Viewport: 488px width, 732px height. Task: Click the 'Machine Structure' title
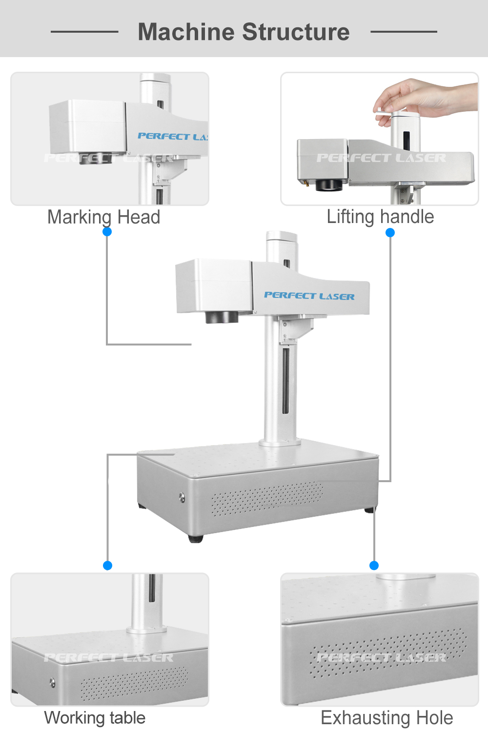click(x=244, y=32)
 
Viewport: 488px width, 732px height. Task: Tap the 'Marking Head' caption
click(x=103, y=217)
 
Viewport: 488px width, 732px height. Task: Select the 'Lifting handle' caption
click(x=380, y=217)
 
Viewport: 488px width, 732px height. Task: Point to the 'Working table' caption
click(x=95, y=718)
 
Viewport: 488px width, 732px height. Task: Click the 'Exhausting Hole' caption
click(x=386, y=718)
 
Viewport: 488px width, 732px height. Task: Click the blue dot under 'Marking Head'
click(x=107, y=232)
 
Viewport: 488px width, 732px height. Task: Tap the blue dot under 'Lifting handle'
click(x=390, y=233)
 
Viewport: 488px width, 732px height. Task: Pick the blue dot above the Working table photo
click(x=108, y=566)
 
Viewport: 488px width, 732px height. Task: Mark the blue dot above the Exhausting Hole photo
click(x=374, y=566)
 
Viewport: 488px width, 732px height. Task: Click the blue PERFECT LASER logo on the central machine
click(x=309, y=296)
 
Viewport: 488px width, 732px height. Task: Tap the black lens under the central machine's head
click(x=222, y=317)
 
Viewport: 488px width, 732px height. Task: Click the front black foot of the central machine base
click(x=196, y=539)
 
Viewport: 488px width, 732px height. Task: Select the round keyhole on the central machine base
click(x=182, y=498)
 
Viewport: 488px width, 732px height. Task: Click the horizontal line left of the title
click(x=84, y=32)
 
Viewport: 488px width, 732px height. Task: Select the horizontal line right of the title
click(x=404, y=32)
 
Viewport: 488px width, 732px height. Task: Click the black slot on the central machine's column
click(x=285, y=381)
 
